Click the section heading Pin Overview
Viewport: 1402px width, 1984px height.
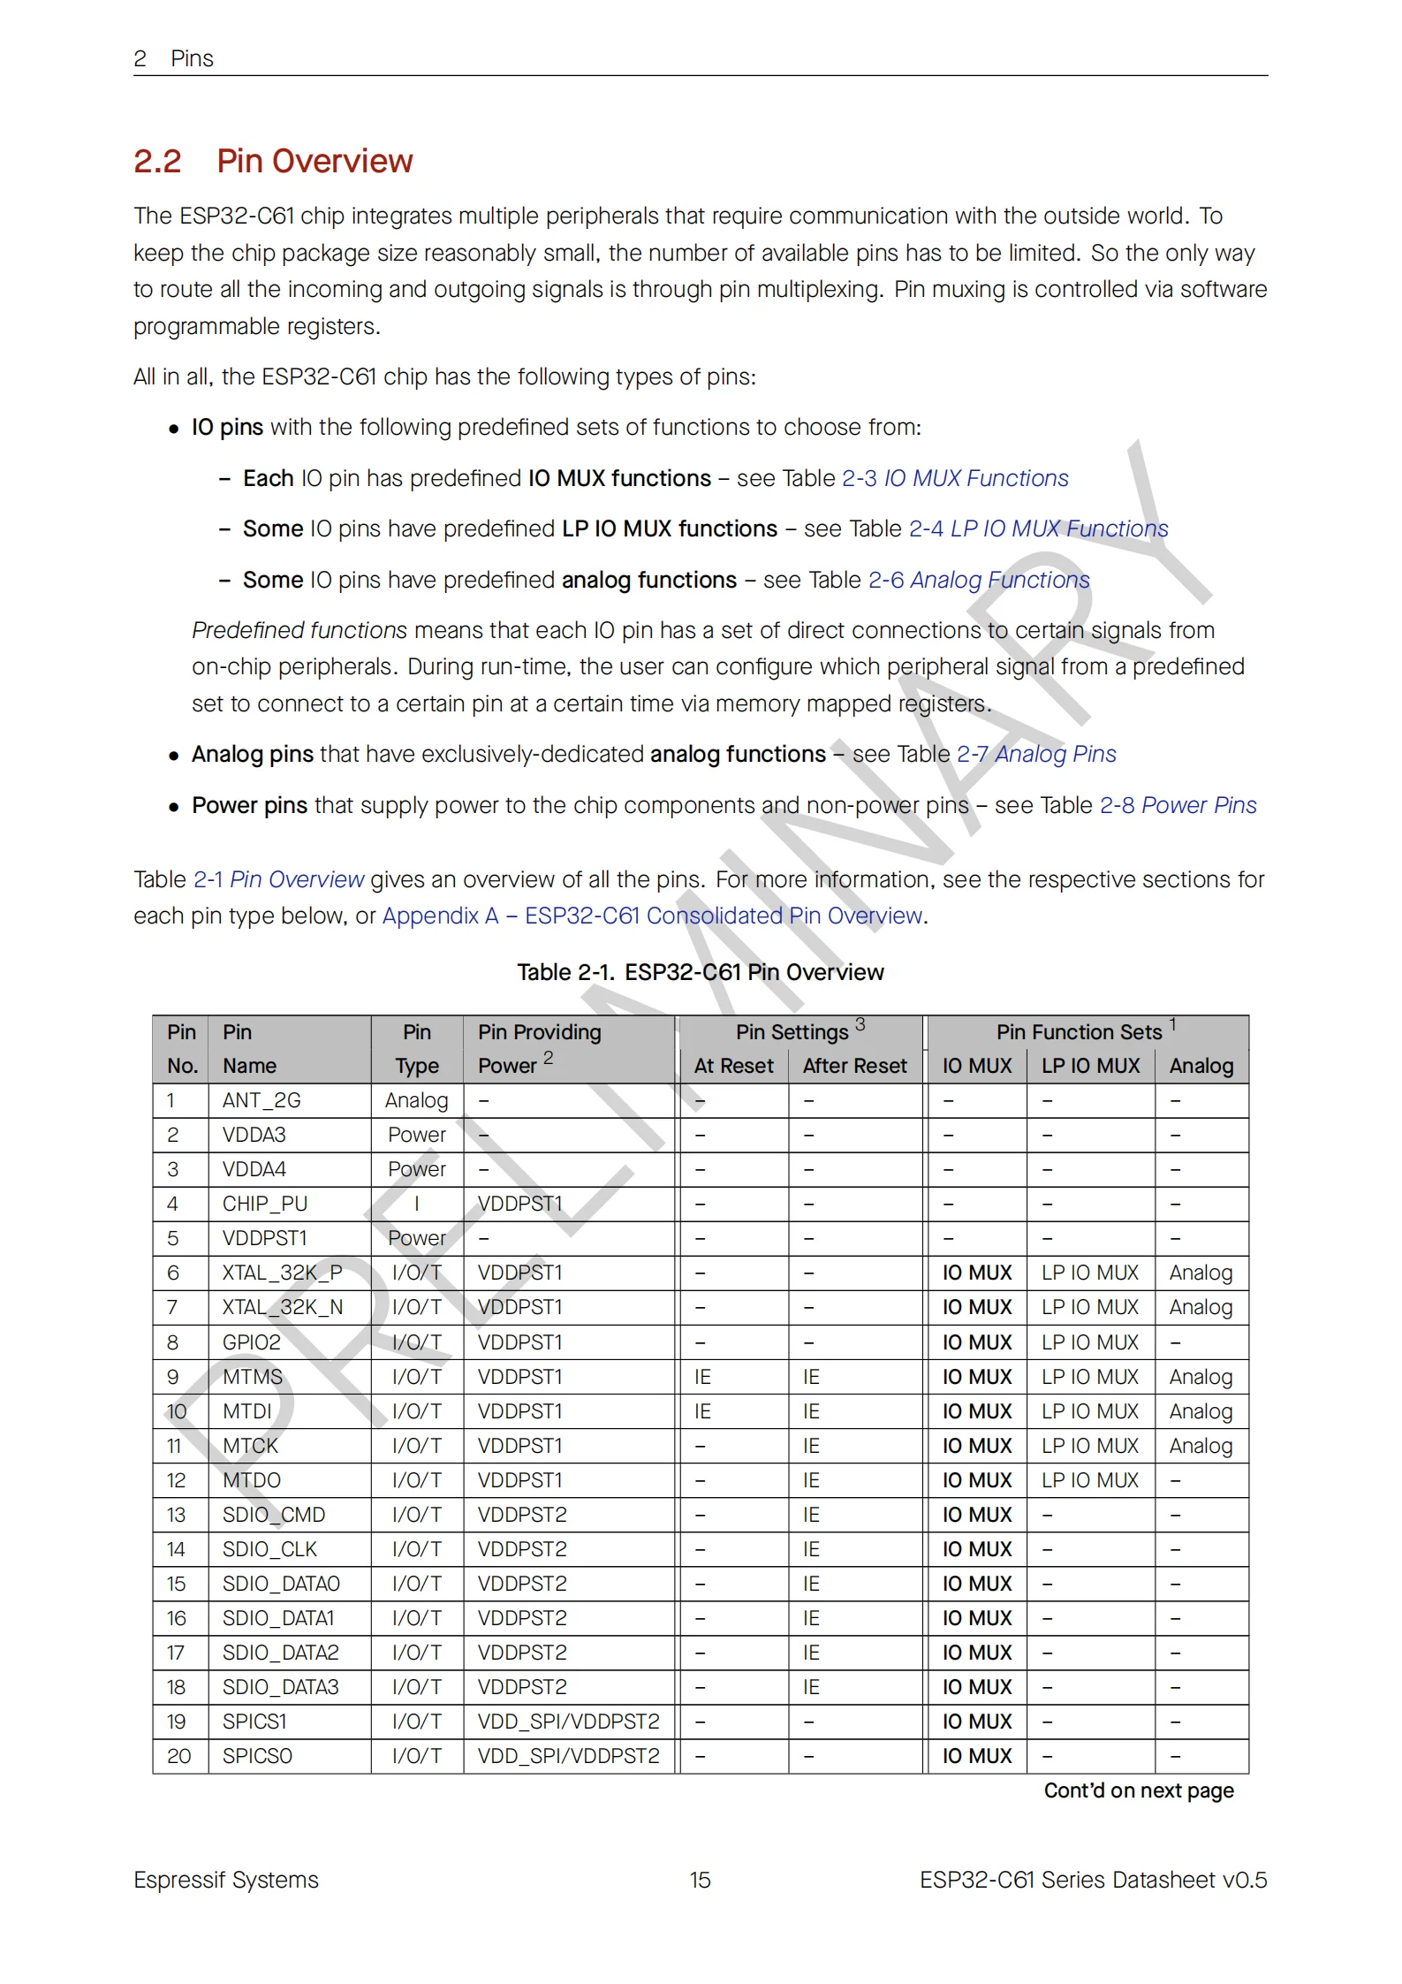click(315, 162)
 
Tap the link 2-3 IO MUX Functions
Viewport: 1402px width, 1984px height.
click(954, 478)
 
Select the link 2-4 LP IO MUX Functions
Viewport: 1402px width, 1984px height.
click(1038, 528)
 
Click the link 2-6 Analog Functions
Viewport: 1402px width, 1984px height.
click(979, 580)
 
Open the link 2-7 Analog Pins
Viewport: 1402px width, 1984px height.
click(1036, 754)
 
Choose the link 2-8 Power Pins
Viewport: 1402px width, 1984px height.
click(1178, 805)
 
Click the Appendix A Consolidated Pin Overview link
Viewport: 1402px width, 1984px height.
click(653, 916)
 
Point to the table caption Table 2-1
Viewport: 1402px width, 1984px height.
click(700, 972)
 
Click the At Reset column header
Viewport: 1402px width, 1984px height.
click(733, 1066)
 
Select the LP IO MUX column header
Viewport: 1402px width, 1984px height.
click(1090, 1066)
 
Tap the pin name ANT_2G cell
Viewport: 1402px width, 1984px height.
click(261, 1100)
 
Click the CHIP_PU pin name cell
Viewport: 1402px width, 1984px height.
click(265, 1204)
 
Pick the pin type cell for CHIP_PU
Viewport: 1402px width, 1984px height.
click(417, 1204)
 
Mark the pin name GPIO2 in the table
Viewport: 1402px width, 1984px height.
click(252, 1342)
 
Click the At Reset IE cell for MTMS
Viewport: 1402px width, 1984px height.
click(702, 1377)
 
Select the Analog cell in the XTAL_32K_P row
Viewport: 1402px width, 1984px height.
click(1201, 1273)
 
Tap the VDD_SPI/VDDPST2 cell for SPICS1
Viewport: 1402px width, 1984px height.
click(568, 1722)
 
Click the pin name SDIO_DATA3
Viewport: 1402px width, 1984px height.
click(280, 1687)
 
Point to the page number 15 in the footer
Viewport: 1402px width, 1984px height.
click(700, 1880)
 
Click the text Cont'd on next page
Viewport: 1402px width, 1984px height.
click(1138, 1790)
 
